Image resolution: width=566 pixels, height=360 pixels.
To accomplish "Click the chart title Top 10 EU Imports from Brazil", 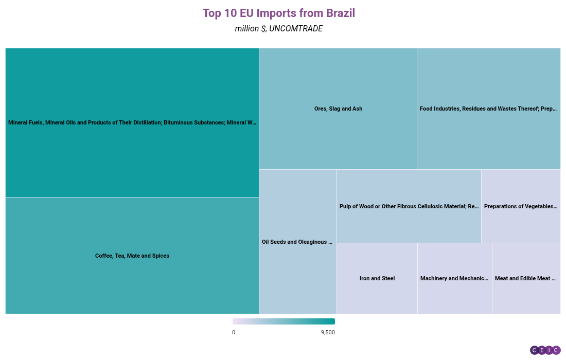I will pyautogui.click(x=278, y=13).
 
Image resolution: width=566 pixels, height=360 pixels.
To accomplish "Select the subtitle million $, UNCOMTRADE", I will pyautogui.click(x=278, y=29).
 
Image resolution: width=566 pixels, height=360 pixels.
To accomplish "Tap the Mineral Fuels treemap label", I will pyautogui.click(x=132, y=122).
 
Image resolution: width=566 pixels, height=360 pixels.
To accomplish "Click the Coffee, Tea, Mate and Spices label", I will pyautogui.click(x=132, y=256).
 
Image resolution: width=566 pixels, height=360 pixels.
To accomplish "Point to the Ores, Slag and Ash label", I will pyautogui.click(x=338, y=109).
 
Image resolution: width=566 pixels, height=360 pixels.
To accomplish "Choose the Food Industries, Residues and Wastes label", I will pyautogui.click(x=488, y=109).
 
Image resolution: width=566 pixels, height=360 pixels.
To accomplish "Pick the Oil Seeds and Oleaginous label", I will pyautogui.click(x=297, y=242).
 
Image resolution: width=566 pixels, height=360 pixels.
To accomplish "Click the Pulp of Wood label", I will pyautogui.click(x=409, y=206).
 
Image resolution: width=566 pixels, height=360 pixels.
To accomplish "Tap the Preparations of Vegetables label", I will pyautogui.click(x=521, y=206).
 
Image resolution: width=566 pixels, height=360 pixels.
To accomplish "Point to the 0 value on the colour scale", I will pyautogui.click(x=234, y=332).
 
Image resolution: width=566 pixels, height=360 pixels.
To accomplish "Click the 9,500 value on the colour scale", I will pyautogui.click(x=328, y=332).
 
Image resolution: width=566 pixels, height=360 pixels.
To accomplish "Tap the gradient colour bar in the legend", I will pyautogui.click(x=284, y=321).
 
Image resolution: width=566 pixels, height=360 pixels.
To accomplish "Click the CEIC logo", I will pyautogui.click(x=545, y=350).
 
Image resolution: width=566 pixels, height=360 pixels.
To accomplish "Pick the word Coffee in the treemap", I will pyautogui.click(x=104, y=256).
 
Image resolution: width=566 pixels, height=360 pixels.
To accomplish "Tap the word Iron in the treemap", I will pyautogui.click(x=365, y=278).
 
